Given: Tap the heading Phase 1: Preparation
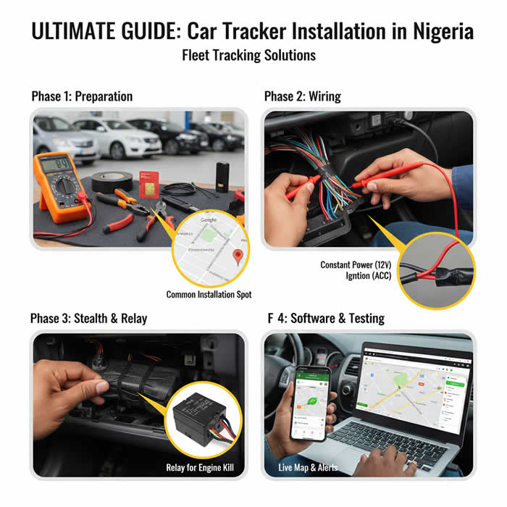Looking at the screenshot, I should pyautogui.click(x=82, y=96).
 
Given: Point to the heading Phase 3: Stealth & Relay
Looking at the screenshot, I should pyautogui.click(x=88, y=318).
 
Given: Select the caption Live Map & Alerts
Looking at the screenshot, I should pyautogui.click(x=308, y=467).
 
